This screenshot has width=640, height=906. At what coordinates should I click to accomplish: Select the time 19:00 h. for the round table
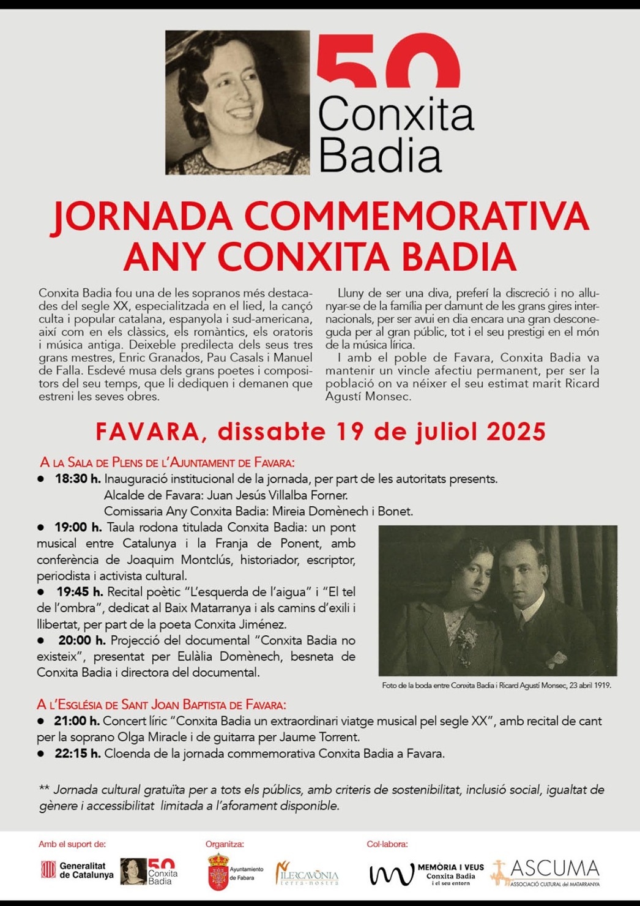point(78,527)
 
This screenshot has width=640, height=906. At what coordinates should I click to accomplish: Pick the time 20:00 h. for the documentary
point(82,640)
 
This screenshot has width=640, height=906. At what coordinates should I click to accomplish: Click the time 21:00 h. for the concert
point(77,721)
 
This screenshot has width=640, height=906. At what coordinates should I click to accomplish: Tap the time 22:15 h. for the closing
point(78,754)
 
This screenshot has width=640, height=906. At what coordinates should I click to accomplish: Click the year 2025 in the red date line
point(515,432)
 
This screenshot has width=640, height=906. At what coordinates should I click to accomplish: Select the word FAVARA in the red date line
point(147,432)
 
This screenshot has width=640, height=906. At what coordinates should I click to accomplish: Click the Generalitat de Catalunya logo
point(77,870)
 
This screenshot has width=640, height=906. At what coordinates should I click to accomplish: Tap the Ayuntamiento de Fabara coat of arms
point(218,872)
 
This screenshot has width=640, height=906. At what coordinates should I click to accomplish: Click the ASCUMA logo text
point(553,869)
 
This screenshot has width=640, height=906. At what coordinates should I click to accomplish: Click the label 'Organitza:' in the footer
point(225,844)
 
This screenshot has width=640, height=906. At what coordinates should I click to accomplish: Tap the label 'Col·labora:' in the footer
point(387,844)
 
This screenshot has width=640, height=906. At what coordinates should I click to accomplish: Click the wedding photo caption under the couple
point(496,686)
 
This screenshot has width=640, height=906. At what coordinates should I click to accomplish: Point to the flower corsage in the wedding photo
point(466,639)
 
